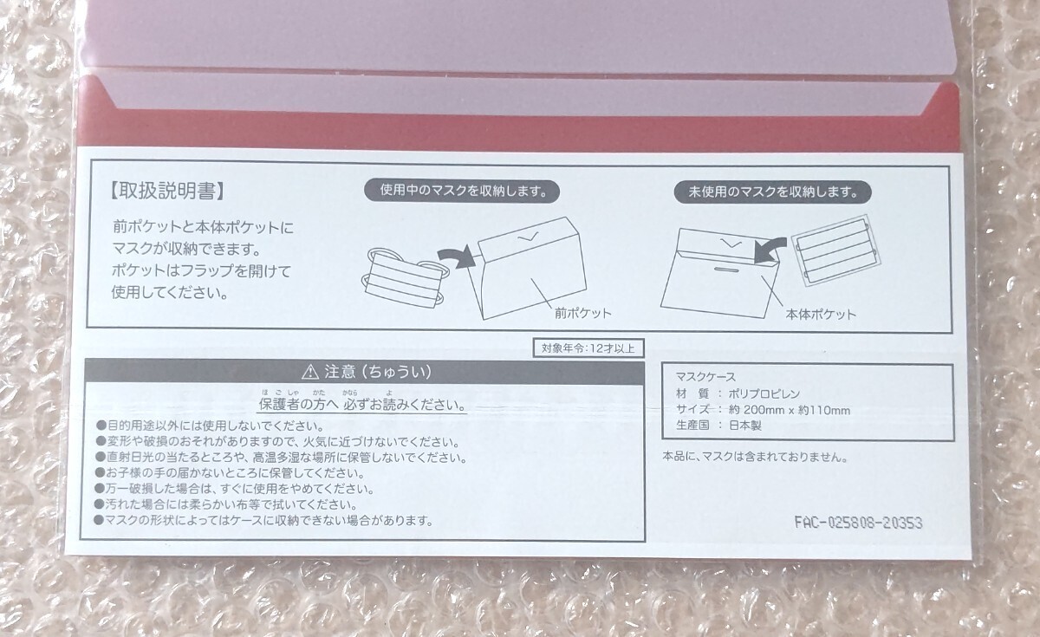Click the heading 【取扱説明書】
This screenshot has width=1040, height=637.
(167, 191)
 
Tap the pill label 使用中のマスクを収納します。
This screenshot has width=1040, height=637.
(462, 191)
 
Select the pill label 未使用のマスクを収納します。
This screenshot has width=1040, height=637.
(772, 192)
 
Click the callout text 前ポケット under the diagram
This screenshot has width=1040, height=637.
(583, 314)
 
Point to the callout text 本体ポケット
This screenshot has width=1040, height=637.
(821, 315)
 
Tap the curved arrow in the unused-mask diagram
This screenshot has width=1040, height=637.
(770, 250)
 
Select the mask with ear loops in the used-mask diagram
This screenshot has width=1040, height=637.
(405, 277)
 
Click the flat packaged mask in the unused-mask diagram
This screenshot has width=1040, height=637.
(836, 250)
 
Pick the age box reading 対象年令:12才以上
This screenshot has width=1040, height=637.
(588, 348)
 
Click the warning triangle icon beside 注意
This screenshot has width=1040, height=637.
(309, 372)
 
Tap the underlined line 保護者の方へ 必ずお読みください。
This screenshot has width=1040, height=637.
(362, 405)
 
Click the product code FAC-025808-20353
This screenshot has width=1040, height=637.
(858, 523)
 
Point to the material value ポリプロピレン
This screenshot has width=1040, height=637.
(764, 393)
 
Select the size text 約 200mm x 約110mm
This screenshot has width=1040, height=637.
(790, 410)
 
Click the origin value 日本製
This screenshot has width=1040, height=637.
(745, 426)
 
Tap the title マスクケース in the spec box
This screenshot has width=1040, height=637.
(705, 376)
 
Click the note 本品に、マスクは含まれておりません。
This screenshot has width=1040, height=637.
(755, 457)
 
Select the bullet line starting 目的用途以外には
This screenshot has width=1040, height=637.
(210, 426)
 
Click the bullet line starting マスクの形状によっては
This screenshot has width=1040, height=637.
(263, 520)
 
